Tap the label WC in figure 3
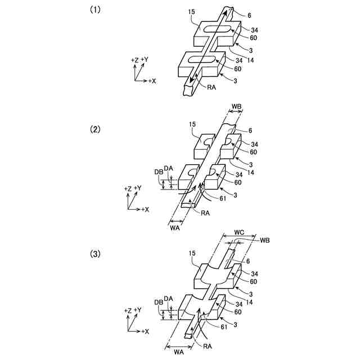click(x=239, y=232)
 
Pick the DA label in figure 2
click(x=169, y=168)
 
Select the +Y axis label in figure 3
click(x=142, y=310)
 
